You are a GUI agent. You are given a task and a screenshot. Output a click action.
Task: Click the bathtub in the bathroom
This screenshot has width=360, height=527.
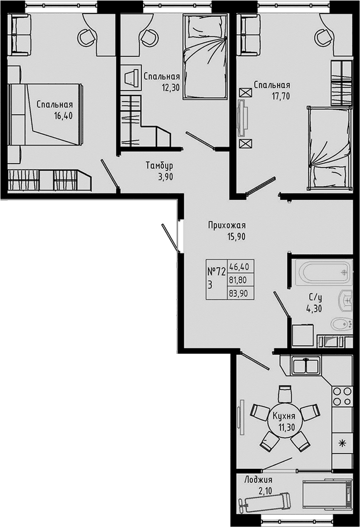[324, 272]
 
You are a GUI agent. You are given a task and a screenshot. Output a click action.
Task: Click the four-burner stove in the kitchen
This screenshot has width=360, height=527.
[342, 396]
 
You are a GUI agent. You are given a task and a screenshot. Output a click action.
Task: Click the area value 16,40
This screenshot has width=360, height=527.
[63, 116]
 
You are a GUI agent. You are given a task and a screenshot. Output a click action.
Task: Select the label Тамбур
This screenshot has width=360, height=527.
[159, 166]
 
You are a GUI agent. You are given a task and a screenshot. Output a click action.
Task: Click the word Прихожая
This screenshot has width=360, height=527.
[227, 225]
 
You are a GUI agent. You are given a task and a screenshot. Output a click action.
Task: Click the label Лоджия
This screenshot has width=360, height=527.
[258, 480]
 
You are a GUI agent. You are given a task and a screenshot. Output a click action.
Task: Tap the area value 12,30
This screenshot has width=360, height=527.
[170, 88]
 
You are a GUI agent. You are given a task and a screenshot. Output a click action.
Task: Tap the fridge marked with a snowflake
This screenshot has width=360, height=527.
[342, 443]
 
